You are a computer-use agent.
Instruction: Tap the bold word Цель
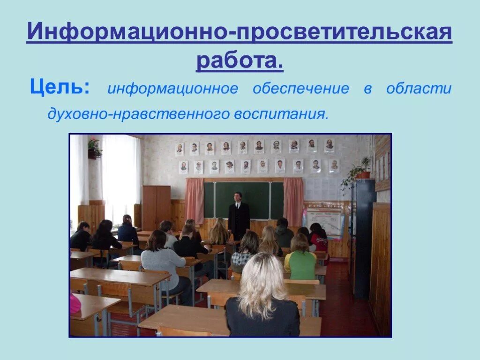click(60, 88)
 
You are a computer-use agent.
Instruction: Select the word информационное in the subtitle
click(172, 89)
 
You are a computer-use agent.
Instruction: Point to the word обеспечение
click(300, 89)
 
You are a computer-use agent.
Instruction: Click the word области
click(419, 89)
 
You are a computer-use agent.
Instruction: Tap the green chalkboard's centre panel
click(242, 200)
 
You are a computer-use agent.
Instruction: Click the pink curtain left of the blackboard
click(194, 201)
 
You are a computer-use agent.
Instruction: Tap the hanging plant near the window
click(94, 148)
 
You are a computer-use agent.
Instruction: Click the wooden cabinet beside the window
click(156, 207)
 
